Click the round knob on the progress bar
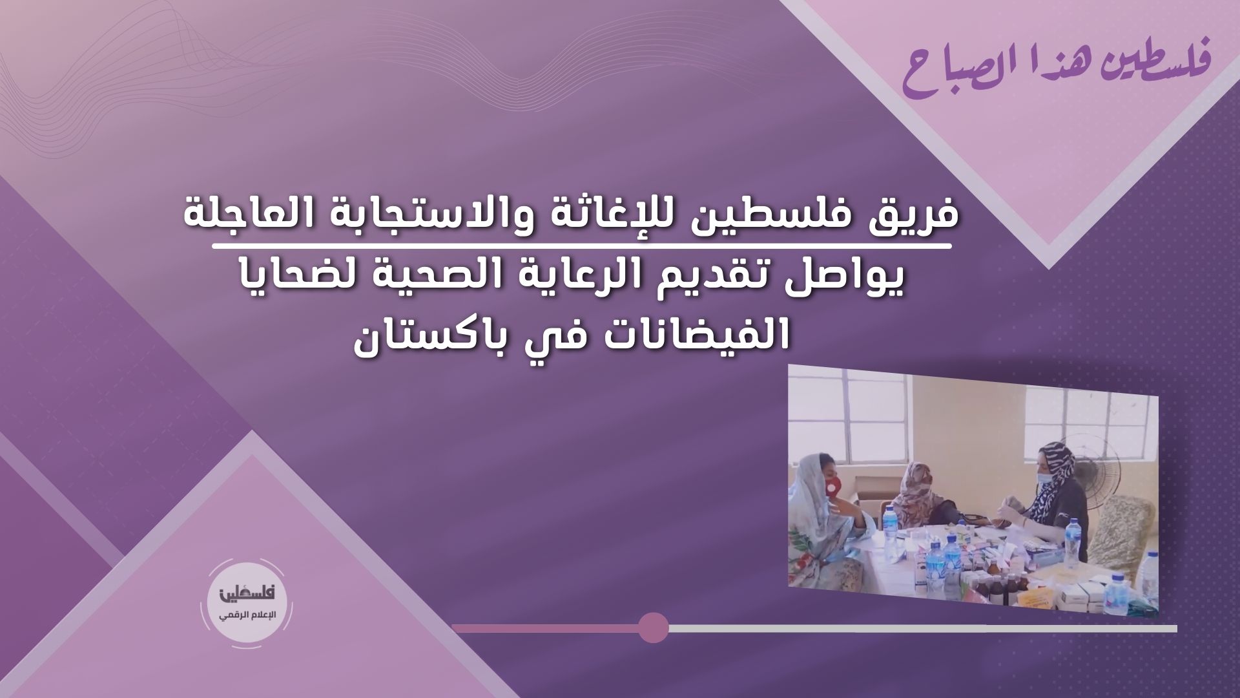[x=653, y=628]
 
